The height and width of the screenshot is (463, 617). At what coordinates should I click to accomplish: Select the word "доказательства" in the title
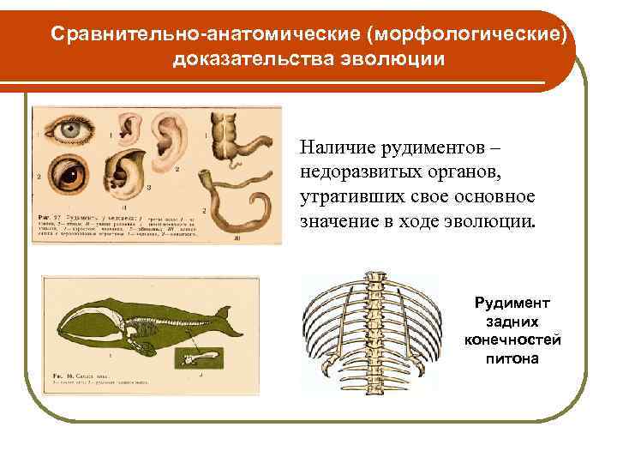(x=250, y=59)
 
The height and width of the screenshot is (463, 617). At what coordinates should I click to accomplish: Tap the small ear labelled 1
(x=129, y=129)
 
